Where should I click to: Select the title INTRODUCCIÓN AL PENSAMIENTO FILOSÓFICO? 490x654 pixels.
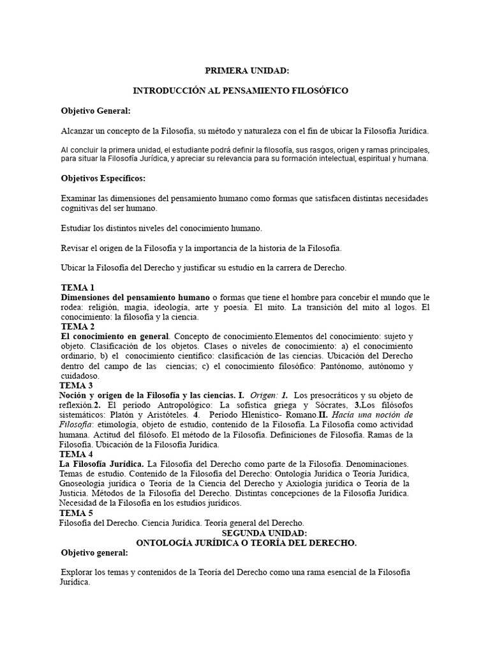[245, 91]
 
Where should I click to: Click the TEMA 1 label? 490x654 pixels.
[78, 287]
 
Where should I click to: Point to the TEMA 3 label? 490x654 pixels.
[77, 386]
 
